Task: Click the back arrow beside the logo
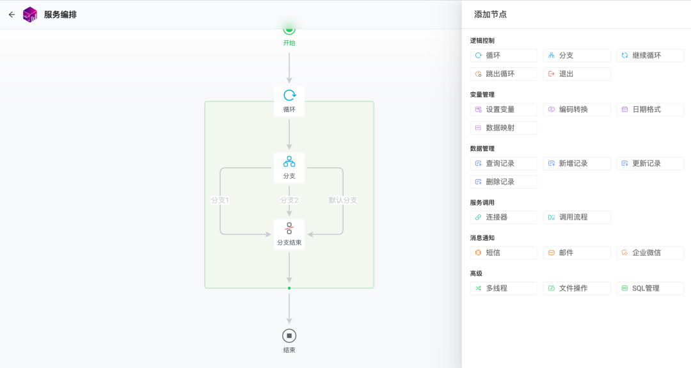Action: tap(12, 15)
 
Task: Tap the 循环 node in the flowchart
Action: tap(289, 101)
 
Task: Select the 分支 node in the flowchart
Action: tap(289, 168)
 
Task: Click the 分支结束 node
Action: tap(289, 234)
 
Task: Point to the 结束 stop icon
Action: tap(289, 336)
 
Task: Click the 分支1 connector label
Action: tap(220, 200)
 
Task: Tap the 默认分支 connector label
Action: tap(343, 200)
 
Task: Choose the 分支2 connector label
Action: tap(289, 200)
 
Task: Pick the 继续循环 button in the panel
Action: tap(650, 56)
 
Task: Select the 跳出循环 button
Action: tap(504, 74)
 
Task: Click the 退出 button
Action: tap(577, 74)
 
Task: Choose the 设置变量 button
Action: tap(504, 109)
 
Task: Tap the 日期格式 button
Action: tap(650, 109)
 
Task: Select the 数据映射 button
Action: tap(504, 128)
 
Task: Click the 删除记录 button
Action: tap(504, 182)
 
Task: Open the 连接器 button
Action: tap(504, 217)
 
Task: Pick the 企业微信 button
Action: tap(650, 253)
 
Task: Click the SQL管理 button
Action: tap(650, 288)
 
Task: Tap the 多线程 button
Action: tap(504, 288)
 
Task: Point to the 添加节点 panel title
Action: tap(490, 15)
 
